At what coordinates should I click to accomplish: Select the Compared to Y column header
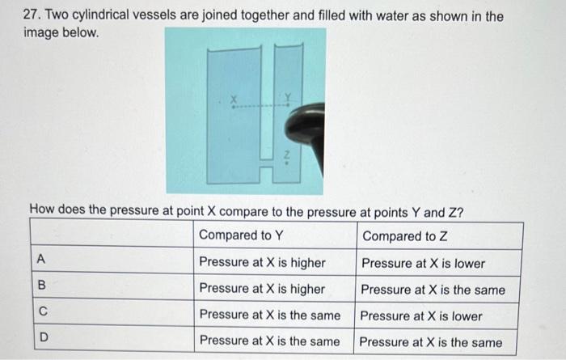click(241, 235)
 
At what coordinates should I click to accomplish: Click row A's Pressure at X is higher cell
click(262, 263)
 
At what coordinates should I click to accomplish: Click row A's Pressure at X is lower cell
click(423, 263)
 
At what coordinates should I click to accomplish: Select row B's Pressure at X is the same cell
click(433, 290)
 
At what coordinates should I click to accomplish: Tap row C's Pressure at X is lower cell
click(421, 316)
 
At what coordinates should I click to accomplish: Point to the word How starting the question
click(42, 212)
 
